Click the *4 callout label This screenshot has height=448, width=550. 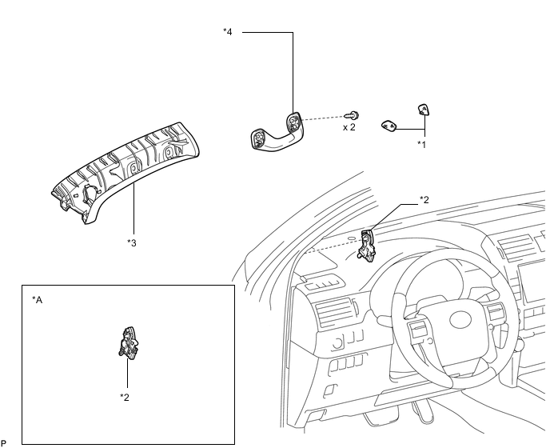(x=228, y=32)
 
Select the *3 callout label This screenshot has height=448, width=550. (x=132, y=242)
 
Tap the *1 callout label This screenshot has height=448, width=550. (x=421, y=144)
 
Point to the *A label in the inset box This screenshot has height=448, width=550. (x=38, y=300)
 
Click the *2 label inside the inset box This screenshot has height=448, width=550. (x=125, y=397)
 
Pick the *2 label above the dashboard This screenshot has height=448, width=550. (x=424, y=200)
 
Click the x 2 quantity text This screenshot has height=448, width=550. (x=349, y=127)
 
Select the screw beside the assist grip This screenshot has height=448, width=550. (x=352, y=115)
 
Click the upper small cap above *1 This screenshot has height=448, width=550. (x=424, y=110)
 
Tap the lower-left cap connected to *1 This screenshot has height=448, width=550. (x=389, y=126)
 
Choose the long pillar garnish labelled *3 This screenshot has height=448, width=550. (x=126, y=172)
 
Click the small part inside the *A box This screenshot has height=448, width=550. (x=129, y=343)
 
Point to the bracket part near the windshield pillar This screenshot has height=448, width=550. (x=367, y=246)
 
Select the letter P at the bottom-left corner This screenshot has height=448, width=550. (x=3, y=443)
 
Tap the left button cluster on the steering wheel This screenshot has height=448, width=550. (x=417, y=330)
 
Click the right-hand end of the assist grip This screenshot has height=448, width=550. (x=294, y=123)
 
